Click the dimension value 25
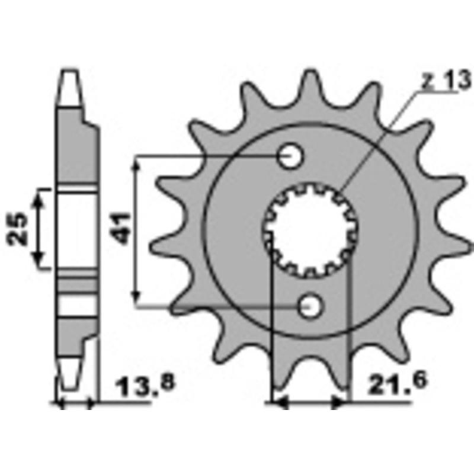tap(18, 228)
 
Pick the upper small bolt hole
tap(290, 157)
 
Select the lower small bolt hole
tap(309, 306)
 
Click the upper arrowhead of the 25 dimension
tap(39, 196)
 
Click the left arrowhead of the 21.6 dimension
tap(278, 403)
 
